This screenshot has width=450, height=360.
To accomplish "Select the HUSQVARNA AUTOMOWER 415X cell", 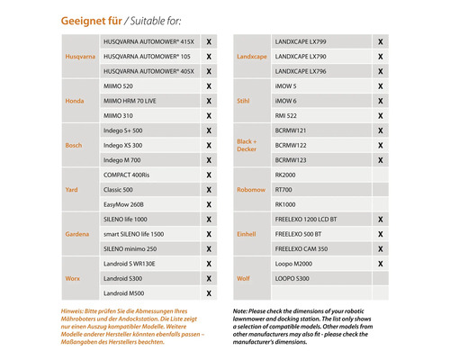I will pos(148,41).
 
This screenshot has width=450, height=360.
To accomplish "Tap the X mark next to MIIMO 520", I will pos(209,85).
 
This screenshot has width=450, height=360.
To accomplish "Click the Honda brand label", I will pos(75,101).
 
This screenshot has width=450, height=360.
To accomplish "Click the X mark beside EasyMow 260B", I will pos(209,204).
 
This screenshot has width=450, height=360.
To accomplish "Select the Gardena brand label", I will pos(77,234).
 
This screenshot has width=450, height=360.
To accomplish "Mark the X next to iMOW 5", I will pos(380,85).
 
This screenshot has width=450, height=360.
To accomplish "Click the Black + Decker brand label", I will pos(247,145).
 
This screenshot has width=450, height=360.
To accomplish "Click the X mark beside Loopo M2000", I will pos(380,264).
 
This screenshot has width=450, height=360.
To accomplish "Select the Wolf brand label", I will pos(243,279).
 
